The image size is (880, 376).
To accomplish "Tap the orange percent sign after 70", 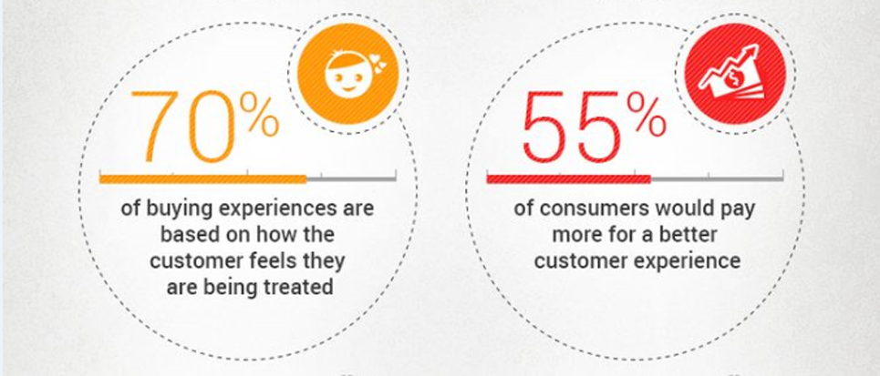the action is click(x=259, y=116).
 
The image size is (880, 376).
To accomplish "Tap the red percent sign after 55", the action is click(x=647, y=116).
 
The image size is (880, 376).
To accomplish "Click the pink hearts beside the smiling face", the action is click(x=378, y=63).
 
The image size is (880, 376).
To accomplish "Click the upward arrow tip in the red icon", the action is click(x=755, y=48).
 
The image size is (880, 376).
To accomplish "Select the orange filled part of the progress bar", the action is click(x=202, y=179).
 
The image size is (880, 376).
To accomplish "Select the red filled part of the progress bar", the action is click(x=568, y=179).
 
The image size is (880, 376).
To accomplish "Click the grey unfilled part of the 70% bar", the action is click(x=351, y=179).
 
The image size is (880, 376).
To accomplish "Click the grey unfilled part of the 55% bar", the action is click(x=717, y=179).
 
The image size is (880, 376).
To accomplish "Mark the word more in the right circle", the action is click(x=576, y=236).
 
